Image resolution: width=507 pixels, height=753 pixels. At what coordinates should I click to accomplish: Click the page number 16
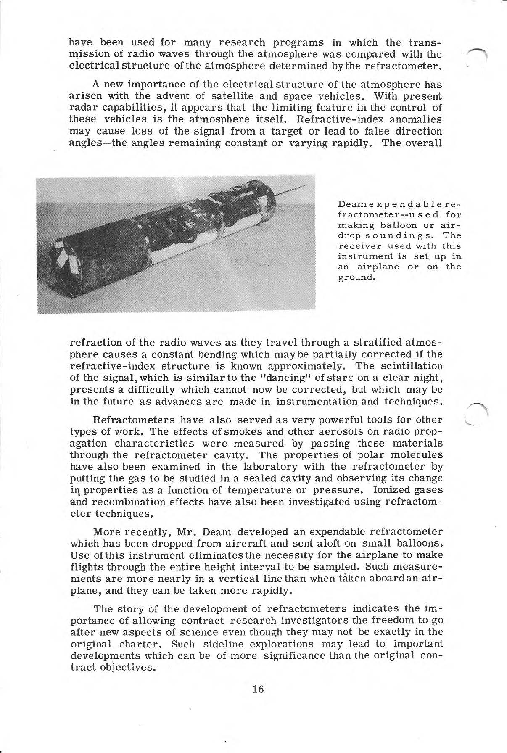pyautogui.click(x=258, y=689)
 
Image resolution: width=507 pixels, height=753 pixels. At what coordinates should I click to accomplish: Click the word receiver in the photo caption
pyautogui.click(x=356, y=246)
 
